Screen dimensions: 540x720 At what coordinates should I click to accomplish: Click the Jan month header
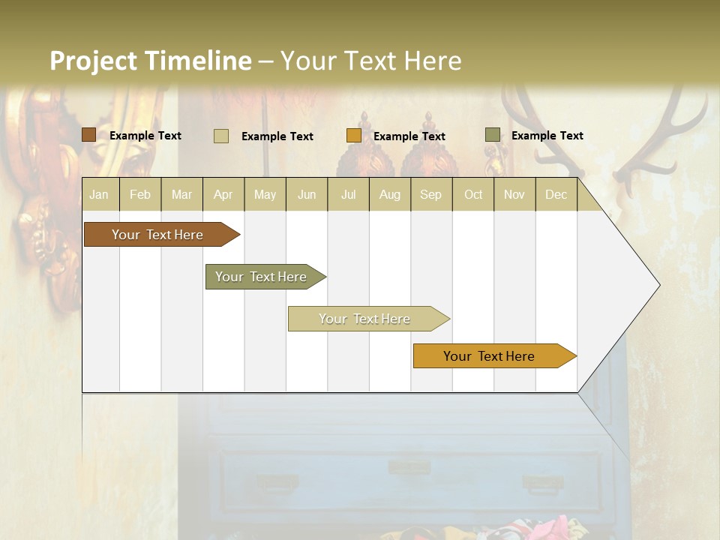point(99,195)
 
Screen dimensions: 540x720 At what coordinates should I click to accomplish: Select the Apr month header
point(223,195)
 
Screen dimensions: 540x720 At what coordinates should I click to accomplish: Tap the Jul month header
point(348,195)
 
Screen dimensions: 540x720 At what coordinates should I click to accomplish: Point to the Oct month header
point(473,195)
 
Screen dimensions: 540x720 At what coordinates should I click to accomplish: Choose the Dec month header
point(556,195)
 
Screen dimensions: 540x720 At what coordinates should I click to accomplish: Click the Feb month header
point(140,195)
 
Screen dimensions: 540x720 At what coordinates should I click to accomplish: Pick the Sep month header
point(430,195)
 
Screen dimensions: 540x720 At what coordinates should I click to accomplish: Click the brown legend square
point(88,135)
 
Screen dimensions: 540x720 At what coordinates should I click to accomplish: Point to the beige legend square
point(220,136)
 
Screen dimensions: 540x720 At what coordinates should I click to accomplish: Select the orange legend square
point(354,136)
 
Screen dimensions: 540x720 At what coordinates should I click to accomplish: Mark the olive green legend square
point(492,135)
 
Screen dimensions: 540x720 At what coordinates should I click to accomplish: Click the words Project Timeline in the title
point(150,61)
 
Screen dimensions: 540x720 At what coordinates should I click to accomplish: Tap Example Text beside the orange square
point(409,136)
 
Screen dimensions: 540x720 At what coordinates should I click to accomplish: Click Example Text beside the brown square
point(145,136)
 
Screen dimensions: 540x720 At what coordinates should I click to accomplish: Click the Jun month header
point(307,195)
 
